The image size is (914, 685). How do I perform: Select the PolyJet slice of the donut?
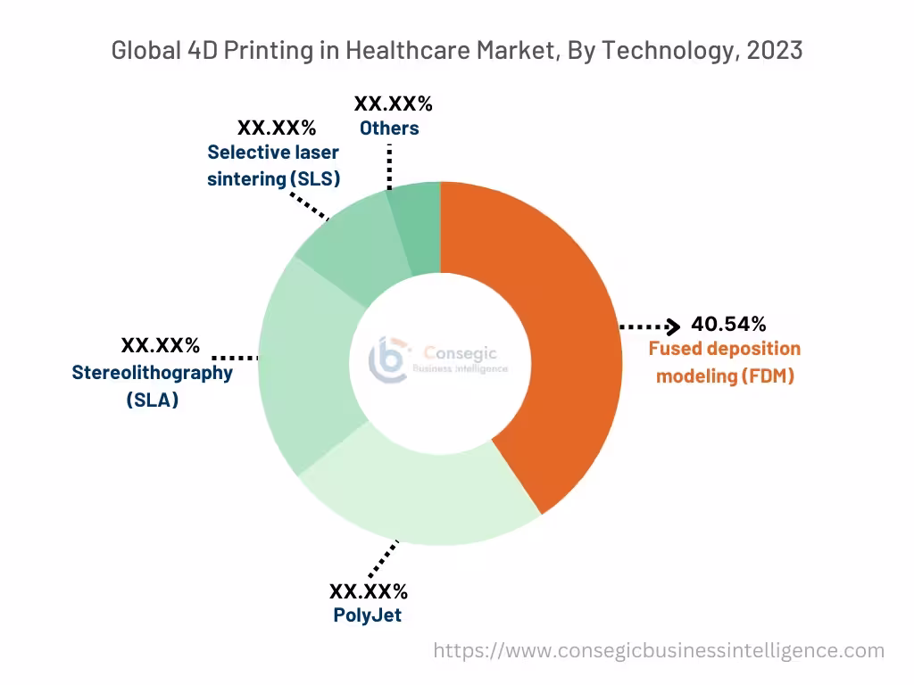420,499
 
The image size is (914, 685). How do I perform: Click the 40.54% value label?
728,324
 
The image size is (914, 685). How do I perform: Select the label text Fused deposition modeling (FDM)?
725,362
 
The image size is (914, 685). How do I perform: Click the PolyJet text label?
367,615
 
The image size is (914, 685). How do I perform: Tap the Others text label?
389,128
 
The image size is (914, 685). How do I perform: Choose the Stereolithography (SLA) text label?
152,386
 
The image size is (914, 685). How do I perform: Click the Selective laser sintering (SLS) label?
273,165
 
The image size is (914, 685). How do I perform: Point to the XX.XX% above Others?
393,103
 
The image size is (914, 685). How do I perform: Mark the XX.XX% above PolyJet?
368,591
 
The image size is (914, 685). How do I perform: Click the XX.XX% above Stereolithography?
161,345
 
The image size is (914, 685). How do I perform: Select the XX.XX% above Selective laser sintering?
277,128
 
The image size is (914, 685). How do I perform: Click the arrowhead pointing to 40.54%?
674,326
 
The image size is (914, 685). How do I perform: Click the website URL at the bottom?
659,651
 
